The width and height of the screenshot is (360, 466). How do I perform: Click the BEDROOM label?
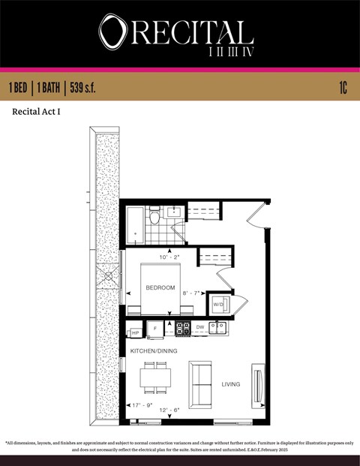pyautogui.click(x=160, y=287)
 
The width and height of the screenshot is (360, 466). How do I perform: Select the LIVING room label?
pyautogui.click(x=230, y=384)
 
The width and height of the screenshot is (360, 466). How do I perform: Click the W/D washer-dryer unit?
pyautogui.click(x=219, y=305)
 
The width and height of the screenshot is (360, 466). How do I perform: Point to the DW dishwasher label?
pyautogui.click(x=199, y=327)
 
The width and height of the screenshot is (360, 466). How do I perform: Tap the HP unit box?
pyautogui.click(x=135, y=332)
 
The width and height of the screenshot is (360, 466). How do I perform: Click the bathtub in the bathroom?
pyautogui.click(x=135, y=224)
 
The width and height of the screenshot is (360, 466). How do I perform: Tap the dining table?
pyautogui.click(x=157, y=377)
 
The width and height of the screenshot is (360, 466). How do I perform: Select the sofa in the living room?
pyautogui.click(x=200, y=383)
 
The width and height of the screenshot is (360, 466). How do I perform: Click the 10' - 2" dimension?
pyautogui.click(x=169, y=257)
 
